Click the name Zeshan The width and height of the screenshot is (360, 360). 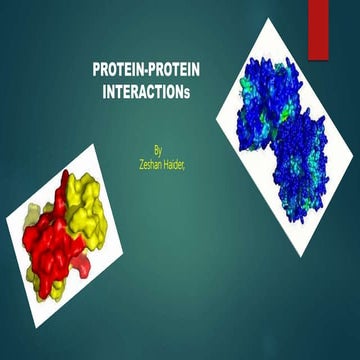[146, 158]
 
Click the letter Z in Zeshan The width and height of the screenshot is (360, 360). [136, 158]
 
